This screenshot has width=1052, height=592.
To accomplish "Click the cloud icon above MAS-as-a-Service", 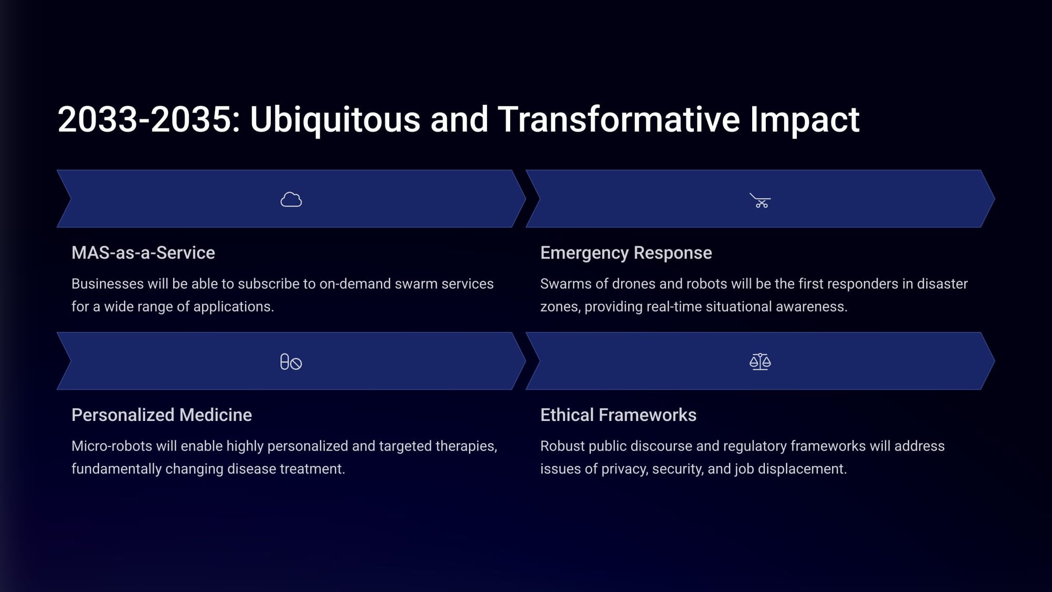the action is (x=291, y=199).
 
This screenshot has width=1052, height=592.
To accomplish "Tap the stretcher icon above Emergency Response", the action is (x=760, y=200).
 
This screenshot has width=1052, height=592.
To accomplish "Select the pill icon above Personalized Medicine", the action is (x=291, y=362).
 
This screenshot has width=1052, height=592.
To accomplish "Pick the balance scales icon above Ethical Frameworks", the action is (x=760, y=362).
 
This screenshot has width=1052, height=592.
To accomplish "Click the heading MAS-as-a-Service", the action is (x=143, y=253).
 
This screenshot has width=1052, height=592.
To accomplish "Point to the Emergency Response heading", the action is (x=626, y=253).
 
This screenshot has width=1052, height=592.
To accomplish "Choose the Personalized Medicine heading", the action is (x=161, y=415).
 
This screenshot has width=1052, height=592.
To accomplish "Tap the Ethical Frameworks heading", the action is (x=618, y=415).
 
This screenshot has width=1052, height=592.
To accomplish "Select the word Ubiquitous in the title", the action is (x=335, y=120).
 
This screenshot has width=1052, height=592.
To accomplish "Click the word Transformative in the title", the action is (x=619, y=119).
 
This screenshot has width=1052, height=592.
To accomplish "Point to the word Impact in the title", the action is (x=805, y=120).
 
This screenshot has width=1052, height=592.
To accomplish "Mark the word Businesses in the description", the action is (x=107, y=284).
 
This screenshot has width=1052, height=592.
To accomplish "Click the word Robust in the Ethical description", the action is (x=562, y=446).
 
